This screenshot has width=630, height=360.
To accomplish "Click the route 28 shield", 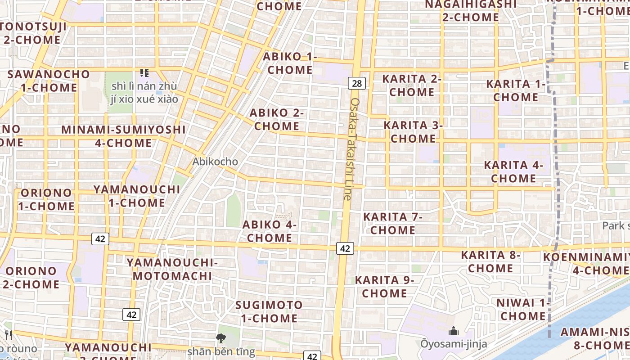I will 357,83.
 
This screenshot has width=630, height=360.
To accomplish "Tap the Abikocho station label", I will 215,161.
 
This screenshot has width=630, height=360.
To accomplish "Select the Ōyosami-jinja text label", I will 454,344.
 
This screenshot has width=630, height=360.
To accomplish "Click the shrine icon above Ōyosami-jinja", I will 454,331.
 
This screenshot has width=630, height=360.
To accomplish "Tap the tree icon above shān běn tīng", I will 220,338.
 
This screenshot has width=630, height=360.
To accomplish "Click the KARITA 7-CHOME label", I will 393,223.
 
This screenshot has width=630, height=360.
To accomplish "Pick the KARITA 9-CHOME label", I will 385,287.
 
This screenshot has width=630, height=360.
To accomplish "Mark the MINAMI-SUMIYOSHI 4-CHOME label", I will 124,136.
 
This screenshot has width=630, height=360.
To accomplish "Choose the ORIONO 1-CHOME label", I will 46,199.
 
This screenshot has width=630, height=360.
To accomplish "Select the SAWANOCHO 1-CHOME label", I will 49,81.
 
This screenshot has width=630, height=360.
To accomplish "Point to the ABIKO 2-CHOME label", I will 277,119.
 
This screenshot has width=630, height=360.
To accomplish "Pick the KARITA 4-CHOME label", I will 513,171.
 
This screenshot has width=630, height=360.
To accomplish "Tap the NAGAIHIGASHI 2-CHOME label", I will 471,11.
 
